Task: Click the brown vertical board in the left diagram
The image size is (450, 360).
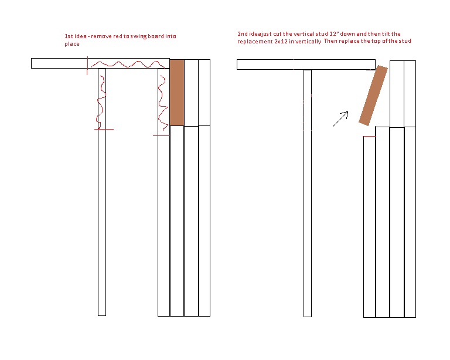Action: pyautogui.click(x=177, y=92)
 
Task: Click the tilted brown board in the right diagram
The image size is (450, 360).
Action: pyautogui.click(x=373, y=96)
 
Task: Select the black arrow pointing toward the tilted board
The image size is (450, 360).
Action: pyautogui.click(x=339, y=119)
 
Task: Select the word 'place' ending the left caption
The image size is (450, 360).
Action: pyautogui.click(x=72, y=44)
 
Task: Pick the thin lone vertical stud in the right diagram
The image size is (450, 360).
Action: pyautogui.click(x=308, y=193)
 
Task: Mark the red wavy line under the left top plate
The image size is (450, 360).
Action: pyautogui.click(x=126, y=64)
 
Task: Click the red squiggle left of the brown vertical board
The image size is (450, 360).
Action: pyautogui.click(x=161, y=103)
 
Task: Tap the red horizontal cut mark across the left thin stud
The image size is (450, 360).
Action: pyautogui.click(x=104, y=129)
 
